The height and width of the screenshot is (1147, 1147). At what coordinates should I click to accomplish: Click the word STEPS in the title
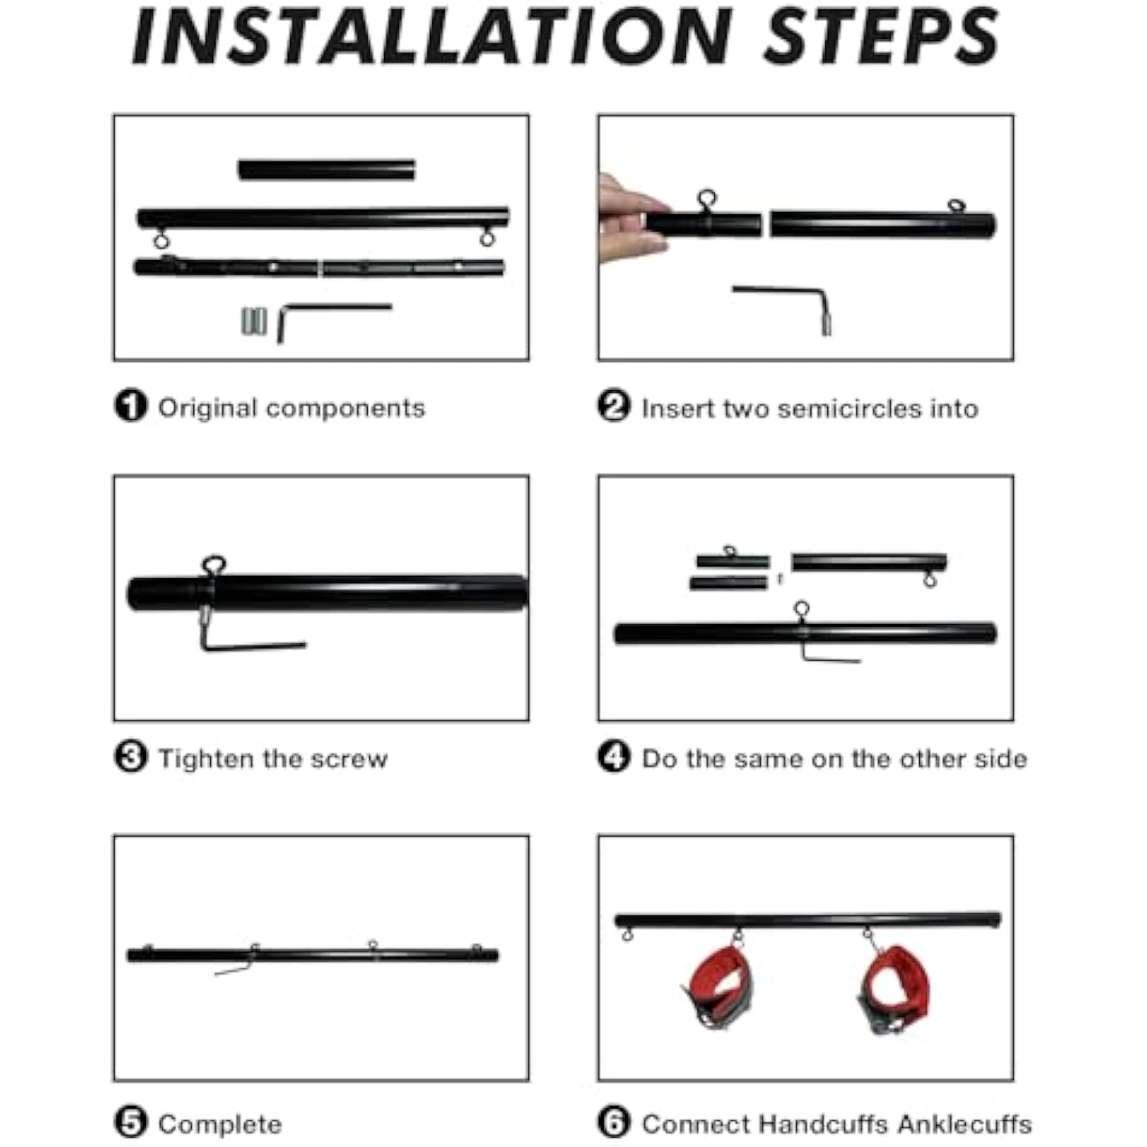(x=882, y=36)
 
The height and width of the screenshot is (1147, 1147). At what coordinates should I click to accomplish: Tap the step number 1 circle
(x=130, y=406)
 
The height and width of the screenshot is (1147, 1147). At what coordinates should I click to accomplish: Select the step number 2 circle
(x=614, y=406)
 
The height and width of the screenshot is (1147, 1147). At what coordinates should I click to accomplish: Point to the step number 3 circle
(x=130, y=757)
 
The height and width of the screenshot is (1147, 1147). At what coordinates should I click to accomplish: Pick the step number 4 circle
(x=614, y=757)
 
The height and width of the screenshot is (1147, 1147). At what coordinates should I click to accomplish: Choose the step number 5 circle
(x=130, y=1123)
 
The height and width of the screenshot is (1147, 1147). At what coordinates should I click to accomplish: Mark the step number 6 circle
(x=614, y=1123)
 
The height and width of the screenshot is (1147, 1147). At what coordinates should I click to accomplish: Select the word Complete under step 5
(x=219, y=1125)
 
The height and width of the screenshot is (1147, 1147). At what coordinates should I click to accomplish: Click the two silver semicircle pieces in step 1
(x=254, y=321)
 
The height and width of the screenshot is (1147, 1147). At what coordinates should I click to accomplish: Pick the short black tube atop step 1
(x=327, y=169)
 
